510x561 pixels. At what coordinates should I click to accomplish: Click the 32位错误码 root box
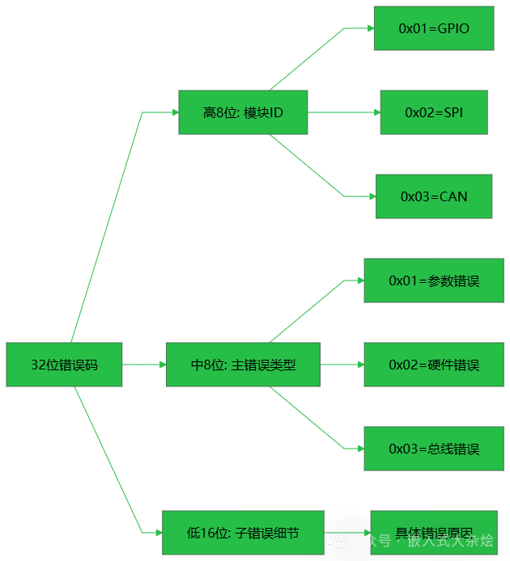pyautogui.click(x=64, y=365)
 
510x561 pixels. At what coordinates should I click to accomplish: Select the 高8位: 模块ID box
pyautogui.click(x=243, y=112)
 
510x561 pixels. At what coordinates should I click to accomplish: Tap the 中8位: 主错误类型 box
pyautogui.click(x=243, y=365)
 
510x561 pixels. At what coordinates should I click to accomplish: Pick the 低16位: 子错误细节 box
pyautogui.click(x=243, y=532)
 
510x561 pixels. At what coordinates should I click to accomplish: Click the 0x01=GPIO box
pyautogui.click(x=434, y=28)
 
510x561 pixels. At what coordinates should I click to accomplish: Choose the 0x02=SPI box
pyautogui.click(x=434, y=112)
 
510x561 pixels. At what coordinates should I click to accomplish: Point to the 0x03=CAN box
pyautogui.click(x=434, y=196)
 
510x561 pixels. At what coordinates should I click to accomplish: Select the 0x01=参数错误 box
pyautogui.click(x=434, y=280)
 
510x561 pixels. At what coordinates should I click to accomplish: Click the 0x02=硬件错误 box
pyautogui.click(x=434, y=365)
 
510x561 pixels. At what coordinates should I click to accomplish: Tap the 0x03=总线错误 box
pyautogui.click(x=434, y=449)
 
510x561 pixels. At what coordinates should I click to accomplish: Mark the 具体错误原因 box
pyautogui.click(x=434, y=532)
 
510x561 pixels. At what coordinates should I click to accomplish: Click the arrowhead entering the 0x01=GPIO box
pyautogui.click(x=370, y=28)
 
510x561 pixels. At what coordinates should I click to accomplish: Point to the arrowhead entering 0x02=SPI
pyautogui.click(x=376, y=112)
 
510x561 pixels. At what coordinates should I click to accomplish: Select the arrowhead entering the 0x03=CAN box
pyautogui.click(x=372, y=196)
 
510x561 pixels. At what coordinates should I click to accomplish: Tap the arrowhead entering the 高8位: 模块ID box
pyautogui.click(x=174, y=112)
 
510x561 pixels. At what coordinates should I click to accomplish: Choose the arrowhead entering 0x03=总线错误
pyautogui.click(x=359, y=449)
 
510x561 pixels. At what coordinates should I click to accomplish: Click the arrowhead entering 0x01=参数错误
pyautogui.click(x=359, y=280)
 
